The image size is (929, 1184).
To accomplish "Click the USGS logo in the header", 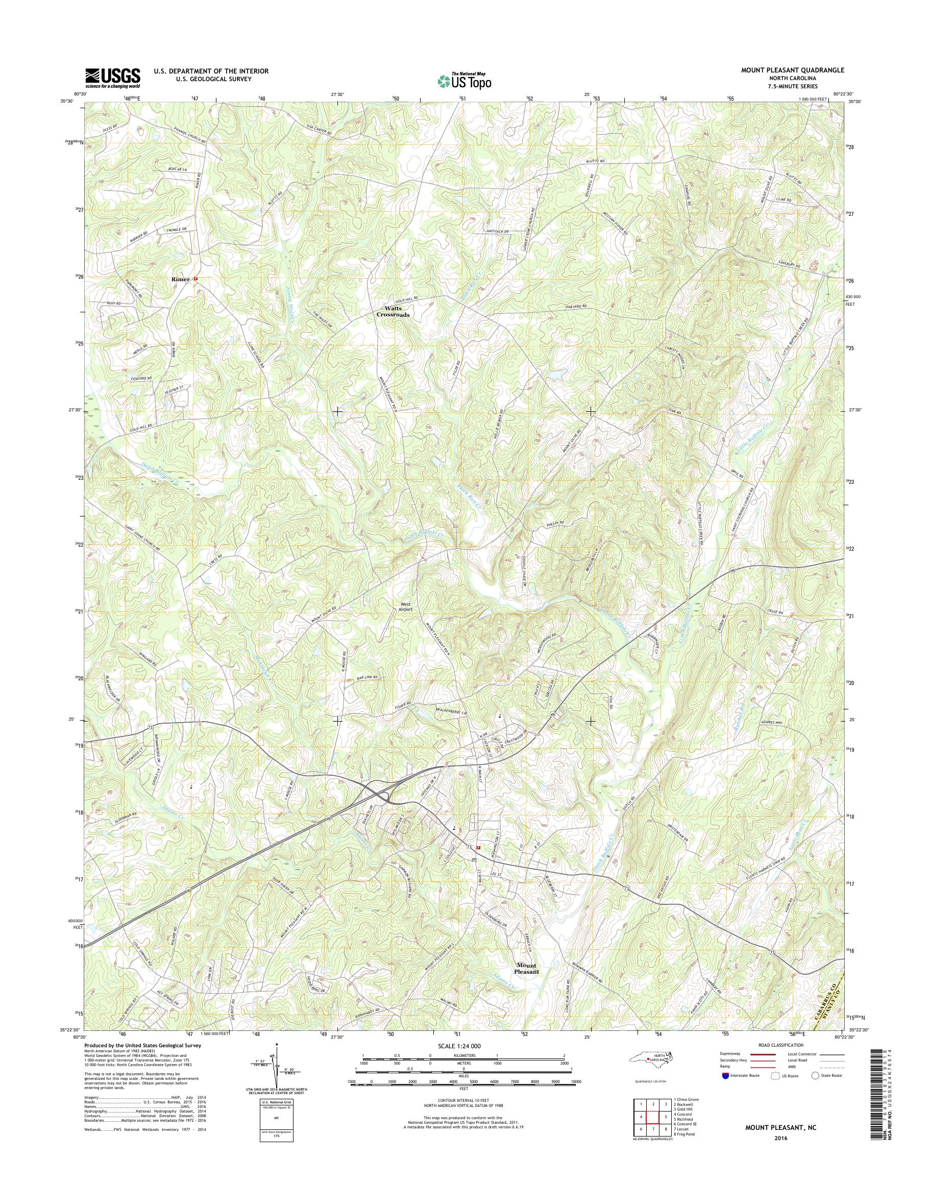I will (x=113, y=78).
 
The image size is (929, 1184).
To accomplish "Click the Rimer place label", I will (x=180, y=279).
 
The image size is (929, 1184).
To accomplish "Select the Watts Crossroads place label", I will (x=393, y=311).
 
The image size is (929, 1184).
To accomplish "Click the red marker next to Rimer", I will (x=196, y=279).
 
